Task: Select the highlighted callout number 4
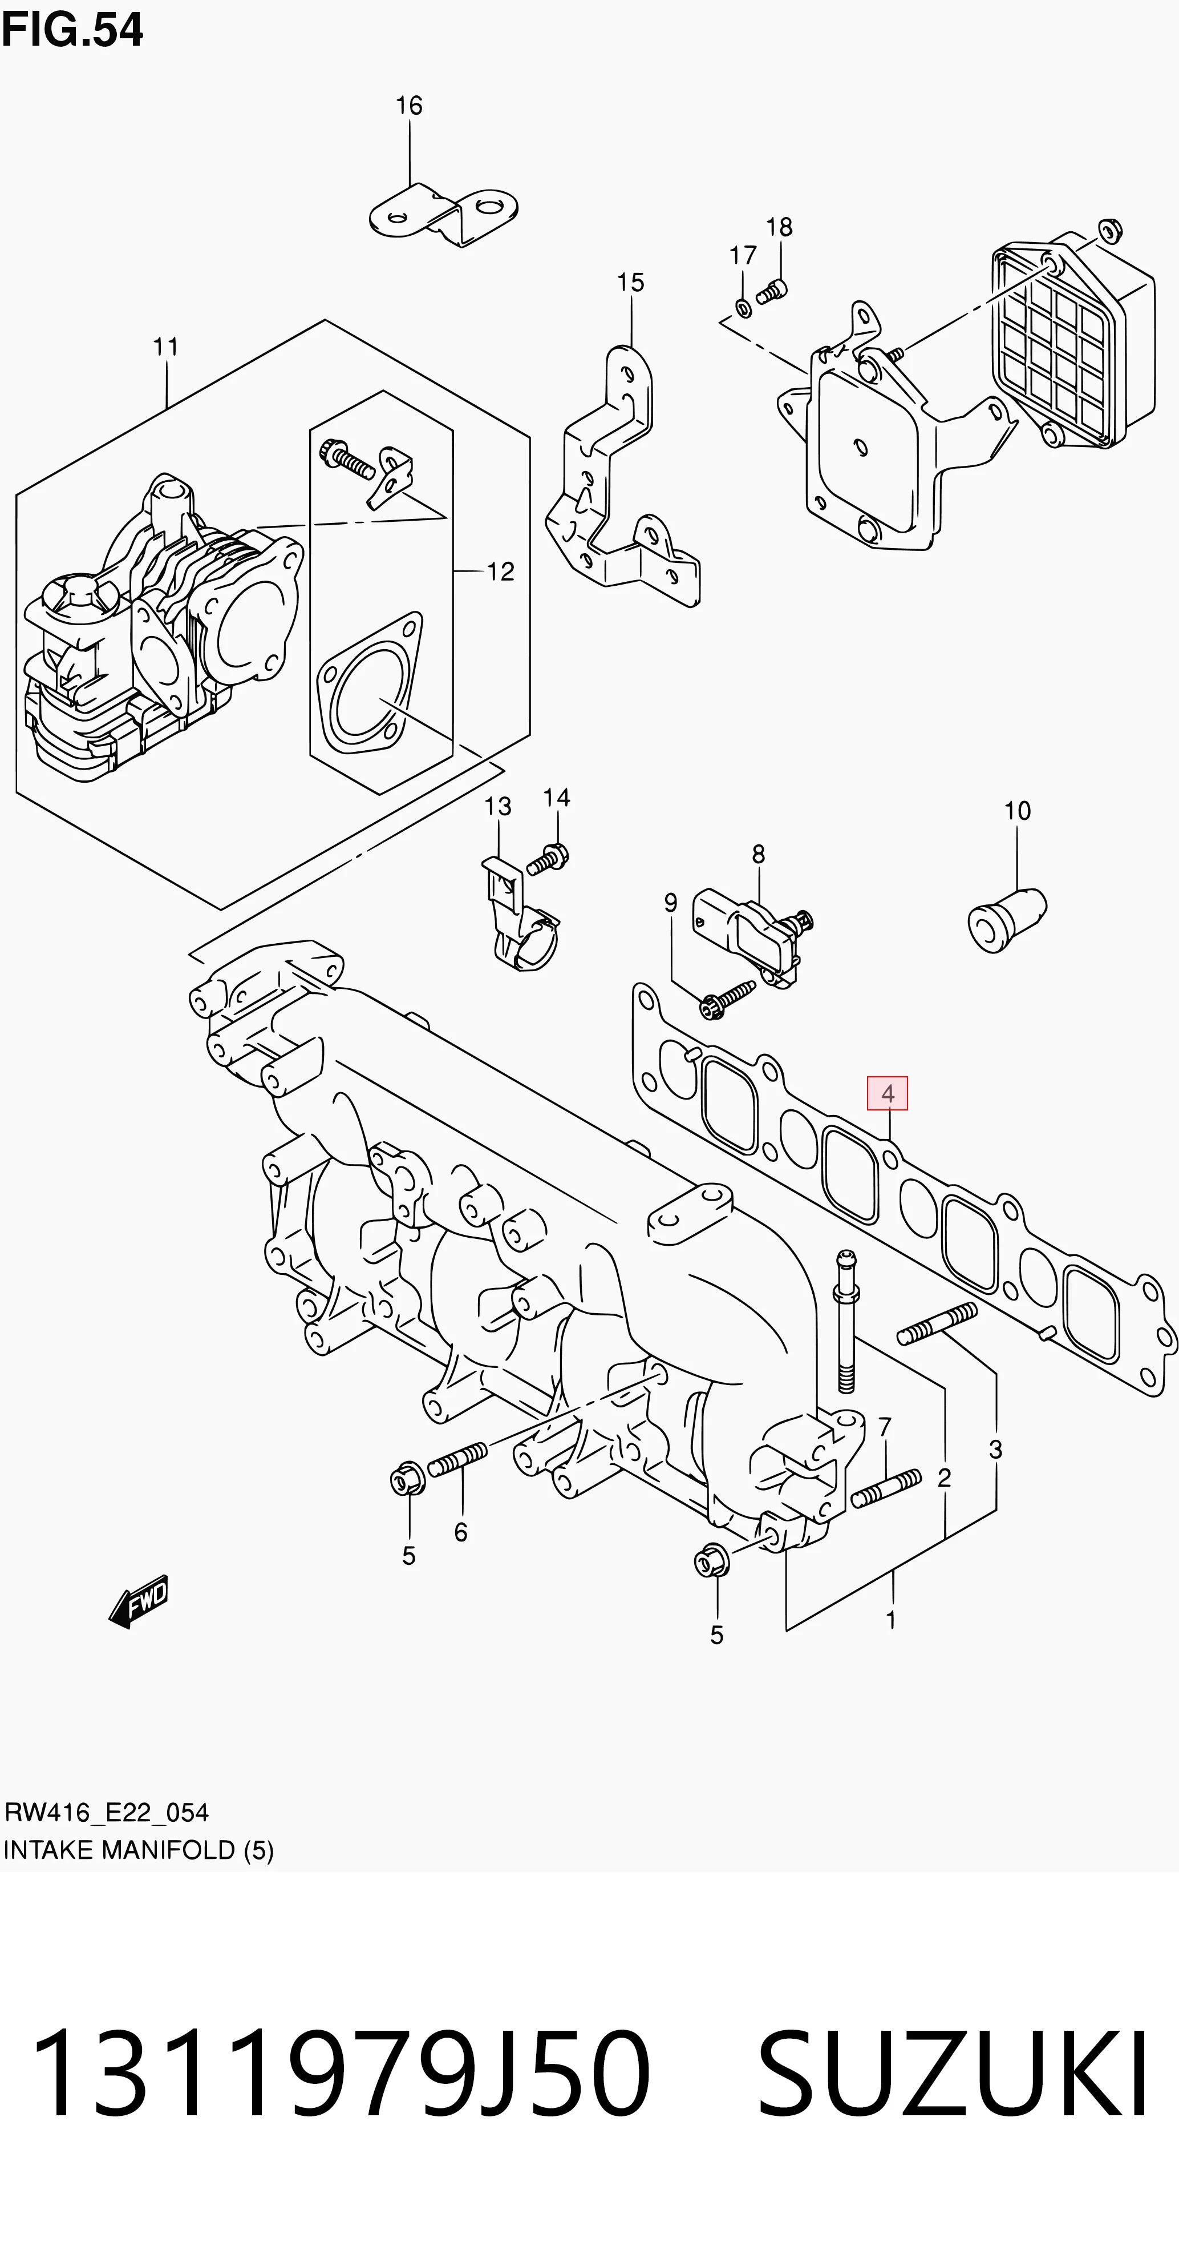coord(887,1093)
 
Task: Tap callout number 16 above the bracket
coord(408,106)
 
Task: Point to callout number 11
coord(165,347)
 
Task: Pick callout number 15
coord(630,283)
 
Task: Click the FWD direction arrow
coord(139,1601)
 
